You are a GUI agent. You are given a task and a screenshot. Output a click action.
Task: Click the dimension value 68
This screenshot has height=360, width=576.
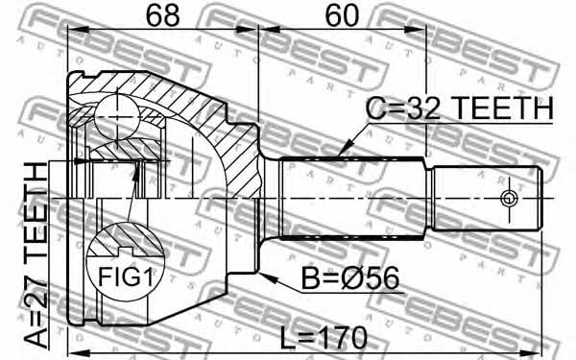coord(163,15)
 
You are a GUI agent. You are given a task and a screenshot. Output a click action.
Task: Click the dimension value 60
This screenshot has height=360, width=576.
coord(342,15)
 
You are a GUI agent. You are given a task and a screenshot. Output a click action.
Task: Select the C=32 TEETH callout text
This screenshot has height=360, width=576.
coord(460,108)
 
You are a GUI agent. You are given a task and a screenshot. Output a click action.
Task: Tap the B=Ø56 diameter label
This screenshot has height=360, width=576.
coord(350,278)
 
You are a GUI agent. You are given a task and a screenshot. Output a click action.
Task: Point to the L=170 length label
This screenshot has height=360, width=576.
coord(324,338)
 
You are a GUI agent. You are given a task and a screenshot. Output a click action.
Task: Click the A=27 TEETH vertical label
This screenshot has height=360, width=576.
coord(36,255)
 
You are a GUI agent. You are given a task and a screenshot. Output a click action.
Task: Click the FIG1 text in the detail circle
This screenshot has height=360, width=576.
coord(125,276)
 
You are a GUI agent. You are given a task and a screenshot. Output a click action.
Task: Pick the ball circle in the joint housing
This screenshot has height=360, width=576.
coord(117,116)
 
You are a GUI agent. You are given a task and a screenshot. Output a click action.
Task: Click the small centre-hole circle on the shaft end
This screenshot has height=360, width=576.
coord(509,199)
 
